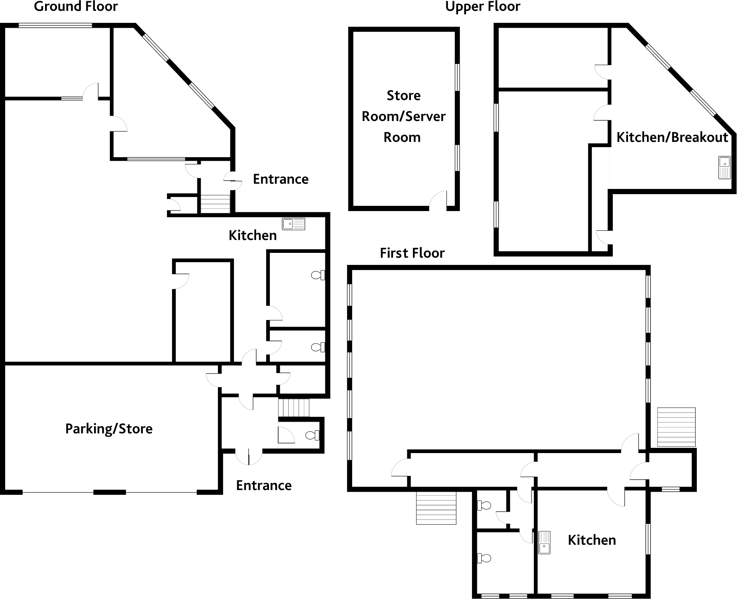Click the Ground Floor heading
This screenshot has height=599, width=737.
(x=76, y=6)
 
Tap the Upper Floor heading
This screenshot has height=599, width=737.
(x=482, y=6)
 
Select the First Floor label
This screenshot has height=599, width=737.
(x=412, y=253)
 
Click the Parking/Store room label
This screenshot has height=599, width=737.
(x=109, y=429)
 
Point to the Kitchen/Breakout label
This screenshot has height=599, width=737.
(x=672, y=137)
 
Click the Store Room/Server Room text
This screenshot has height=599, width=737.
(x=403, y=116)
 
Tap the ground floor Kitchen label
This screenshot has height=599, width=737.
(x=253, y=235)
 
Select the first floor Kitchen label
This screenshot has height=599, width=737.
(x=591, y=540)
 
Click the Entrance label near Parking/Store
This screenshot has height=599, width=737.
(x=264, y=485)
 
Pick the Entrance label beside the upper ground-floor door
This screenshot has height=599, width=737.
(x=281, y=179)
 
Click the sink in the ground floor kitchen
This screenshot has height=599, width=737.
(x=294, y=224)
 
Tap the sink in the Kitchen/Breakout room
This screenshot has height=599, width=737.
(x=724, y=167)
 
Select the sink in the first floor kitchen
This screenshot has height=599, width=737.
(x=544, y=543)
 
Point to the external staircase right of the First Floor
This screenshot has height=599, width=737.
(x=676, y=427)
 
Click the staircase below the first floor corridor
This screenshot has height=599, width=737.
(x=436, y=508)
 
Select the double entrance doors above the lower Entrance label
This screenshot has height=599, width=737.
(x=249, y=457)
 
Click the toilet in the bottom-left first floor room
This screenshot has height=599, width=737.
(x=484, y=558)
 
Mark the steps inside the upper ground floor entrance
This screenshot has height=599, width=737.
(x=215, y=204)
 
